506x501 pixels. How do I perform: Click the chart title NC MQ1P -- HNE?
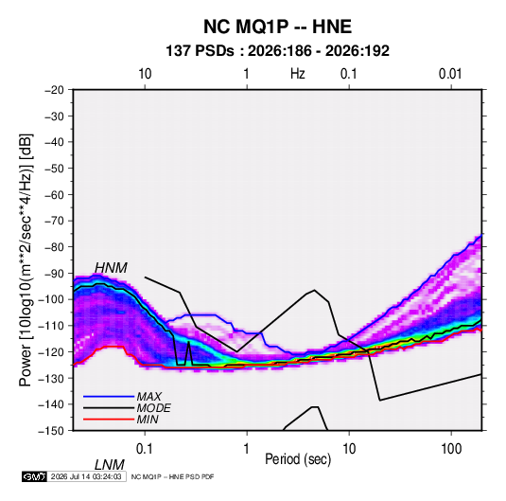coord(277,27)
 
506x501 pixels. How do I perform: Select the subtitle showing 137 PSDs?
coord(277,51)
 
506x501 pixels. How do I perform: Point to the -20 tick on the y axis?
coord(54,90)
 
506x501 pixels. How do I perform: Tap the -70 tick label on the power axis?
coord(54,221)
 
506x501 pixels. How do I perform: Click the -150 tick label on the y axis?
coord(51,431)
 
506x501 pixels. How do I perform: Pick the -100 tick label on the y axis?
coord(51,299)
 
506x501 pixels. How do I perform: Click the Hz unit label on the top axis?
coord(298,74)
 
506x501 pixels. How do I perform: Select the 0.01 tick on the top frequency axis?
coord(450,74)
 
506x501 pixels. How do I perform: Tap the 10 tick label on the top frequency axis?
coord(145,74)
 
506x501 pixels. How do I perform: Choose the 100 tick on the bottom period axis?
coord(451,449)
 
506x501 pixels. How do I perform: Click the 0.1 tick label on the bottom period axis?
coord(145,449)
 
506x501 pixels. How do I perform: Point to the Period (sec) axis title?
coord(298,459)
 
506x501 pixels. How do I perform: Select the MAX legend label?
coord(149,396)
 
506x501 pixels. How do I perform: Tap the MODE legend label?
coord(153,408)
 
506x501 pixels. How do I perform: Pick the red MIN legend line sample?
coord(109,420)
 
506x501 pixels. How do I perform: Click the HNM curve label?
coord(111,268)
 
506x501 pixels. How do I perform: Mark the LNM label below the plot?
coord(110,465)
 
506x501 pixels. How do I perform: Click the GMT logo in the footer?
coord(34,476)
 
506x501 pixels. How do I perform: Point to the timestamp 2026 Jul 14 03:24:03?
coord(86,476)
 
